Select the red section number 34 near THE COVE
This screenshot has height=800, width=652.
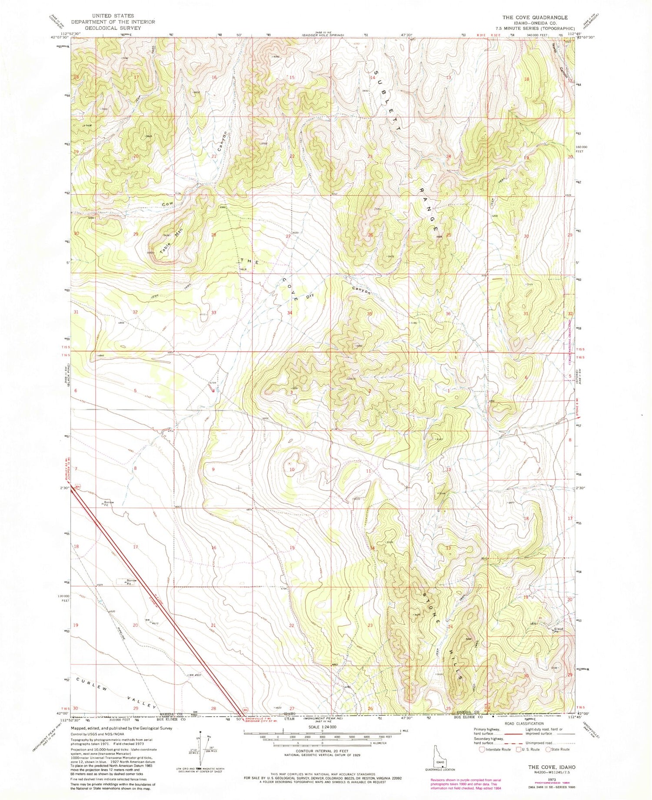tap(289, 313)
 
